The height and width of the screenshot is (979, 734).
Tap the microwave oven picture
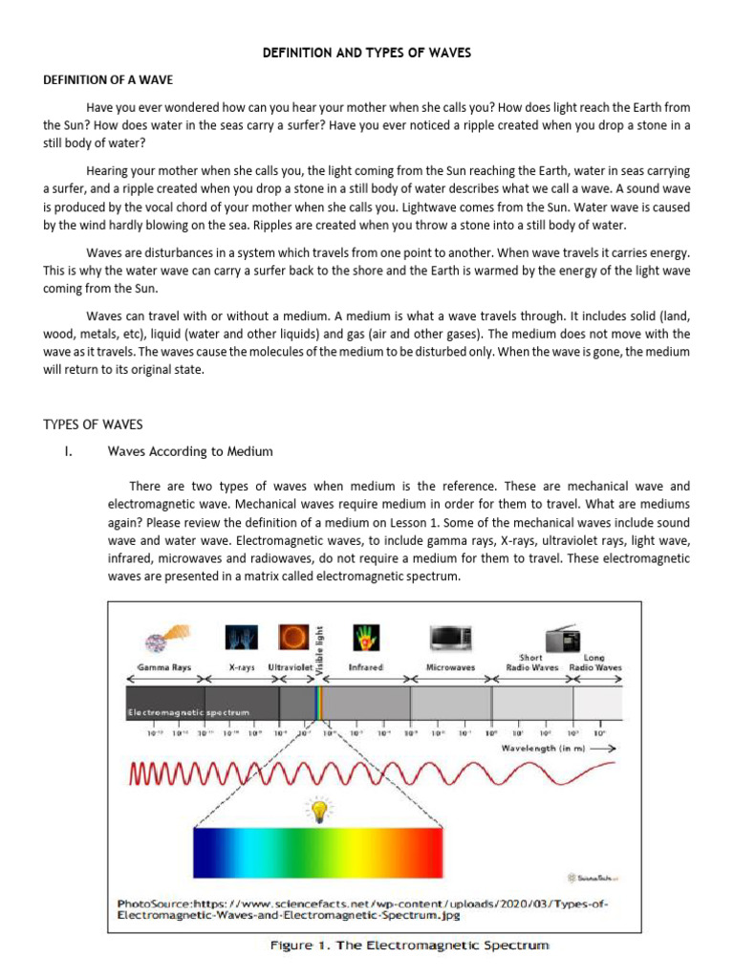451,639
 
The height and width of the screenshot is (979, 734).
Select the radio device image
562,638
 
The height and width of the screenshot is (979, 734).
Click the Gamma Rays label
164,666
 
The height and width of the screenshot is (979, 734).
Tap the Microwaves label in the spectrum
450,667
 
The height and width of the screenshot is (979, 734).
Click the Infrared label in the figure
366,666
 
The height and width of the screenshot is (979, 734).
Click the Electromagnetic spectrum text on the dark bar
189,712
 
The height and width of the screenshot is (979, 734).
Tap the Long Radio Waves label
594,663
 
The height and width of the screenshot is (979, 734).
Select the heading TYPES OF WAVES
93,424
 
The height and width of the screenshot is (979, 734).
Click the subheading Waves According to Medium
190,451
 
